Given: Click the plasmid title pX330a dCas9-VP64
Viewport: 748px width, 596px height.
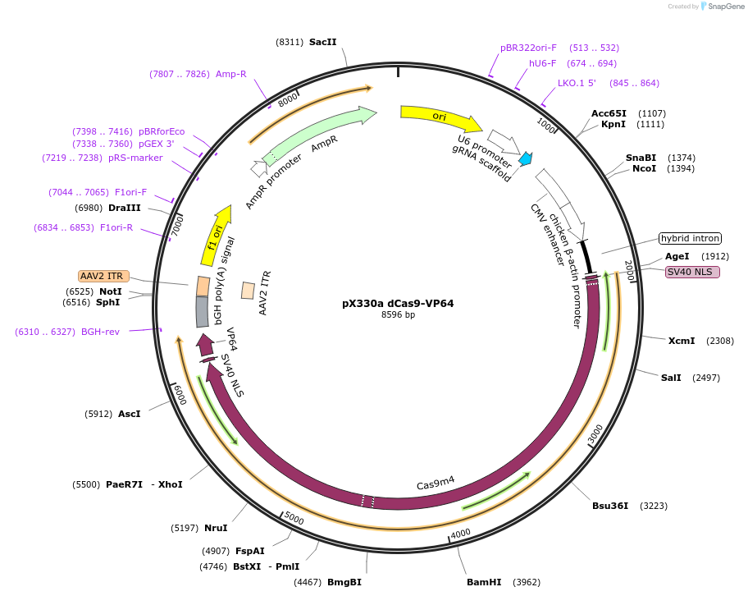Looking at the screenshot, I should pyautogui.click(x=398, y=303).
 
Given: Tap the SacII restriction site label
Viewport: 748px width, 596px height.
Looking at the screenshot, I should pyautogui.click(x=323, y=42).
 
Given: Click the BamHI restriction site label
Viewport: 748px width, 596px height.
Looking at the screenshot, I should pyautogui.click(x=484, y=582).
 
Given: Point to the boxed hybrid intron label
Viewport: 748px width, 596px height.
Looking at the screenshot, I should pyautogui.click(x=690, y=239).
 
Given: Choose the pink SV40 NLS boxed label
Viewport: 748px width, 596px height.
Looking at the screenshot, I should pyautogui.click(x=692, y=272).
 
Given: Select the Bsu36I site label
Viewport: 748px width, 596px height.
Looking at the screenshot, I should pyautogui.click(x=610, y=505).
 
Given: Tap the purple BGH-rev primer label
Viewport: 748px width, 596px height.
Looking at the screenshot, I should pyautogui.click(x=101, y=332).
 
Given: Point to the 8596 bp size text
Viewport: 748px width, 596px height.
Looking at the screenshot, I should pyautogui.click(x=398, y=315).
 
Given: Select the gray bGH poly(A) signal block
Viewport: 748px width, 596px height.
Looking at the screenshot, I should pyautogui.click(x=202, y=310).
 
